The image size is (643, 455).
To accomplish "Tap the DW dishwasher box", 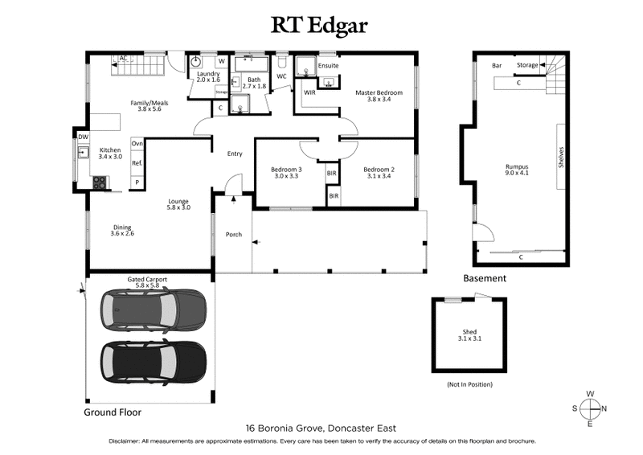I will [83, 137].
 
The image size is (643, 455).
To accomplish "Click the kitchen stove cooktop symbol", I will [99, 183].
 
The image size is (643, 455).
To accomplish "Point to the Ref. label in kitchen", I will [137, 164].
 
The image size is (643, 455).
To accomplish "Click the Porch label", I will [232, 235].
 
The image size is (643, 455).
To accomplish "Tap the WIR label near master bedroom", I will [309, 93].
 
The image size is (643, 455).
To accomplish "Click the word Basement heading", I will [485, 279].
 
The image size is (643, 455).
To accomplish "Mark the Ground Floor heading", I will [113, 412].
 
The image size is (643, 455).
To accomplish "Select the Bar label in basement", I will [497, 64].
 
